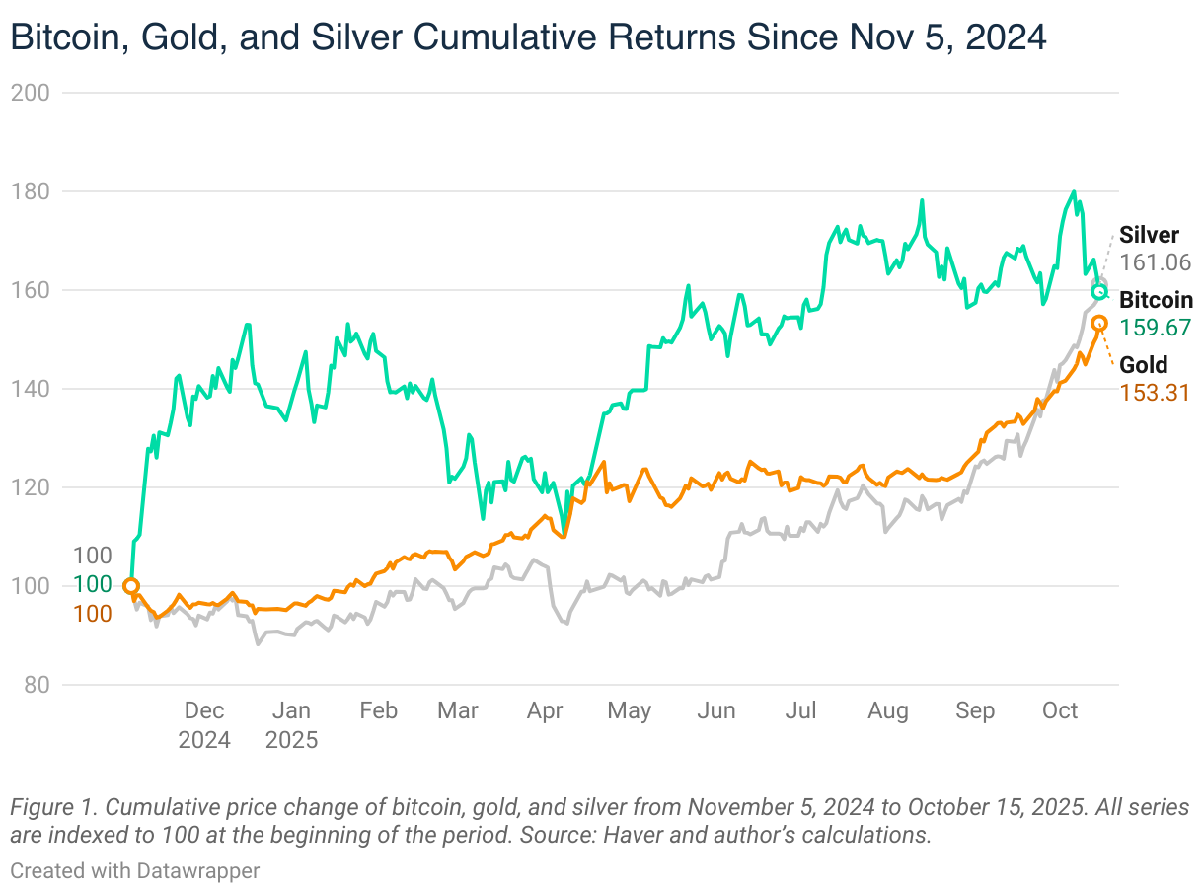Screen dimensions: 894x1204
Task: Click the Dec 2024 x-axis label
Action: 204,724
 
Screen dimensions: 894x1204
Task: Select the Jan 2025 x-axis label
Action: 291,724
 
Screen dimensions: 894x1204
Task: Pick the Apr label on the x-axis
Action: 545,710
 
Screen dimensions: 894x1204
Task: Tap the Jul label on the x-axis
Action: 802,710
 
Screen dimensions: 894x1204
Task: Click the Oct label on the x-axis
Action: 1060,710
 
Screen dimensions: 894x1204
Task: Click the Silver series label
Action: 1149,236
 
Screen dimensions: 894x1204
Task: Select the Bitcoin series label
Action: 1156,300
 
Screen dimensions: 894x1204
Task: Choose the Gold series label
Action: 1143,365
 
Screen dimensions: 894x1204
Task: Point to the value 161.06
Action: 1156,263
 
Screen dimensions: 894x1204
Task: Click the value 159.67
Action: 1156,328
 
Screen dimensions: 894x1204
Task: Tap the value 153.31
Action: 1155,393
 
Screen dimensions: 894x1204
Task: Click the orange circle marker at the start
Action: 130,586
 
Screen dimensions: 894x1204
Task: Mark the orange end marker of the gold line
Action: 1099,324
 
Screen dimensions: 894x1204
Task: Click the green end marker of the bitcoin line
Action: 1099,292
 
